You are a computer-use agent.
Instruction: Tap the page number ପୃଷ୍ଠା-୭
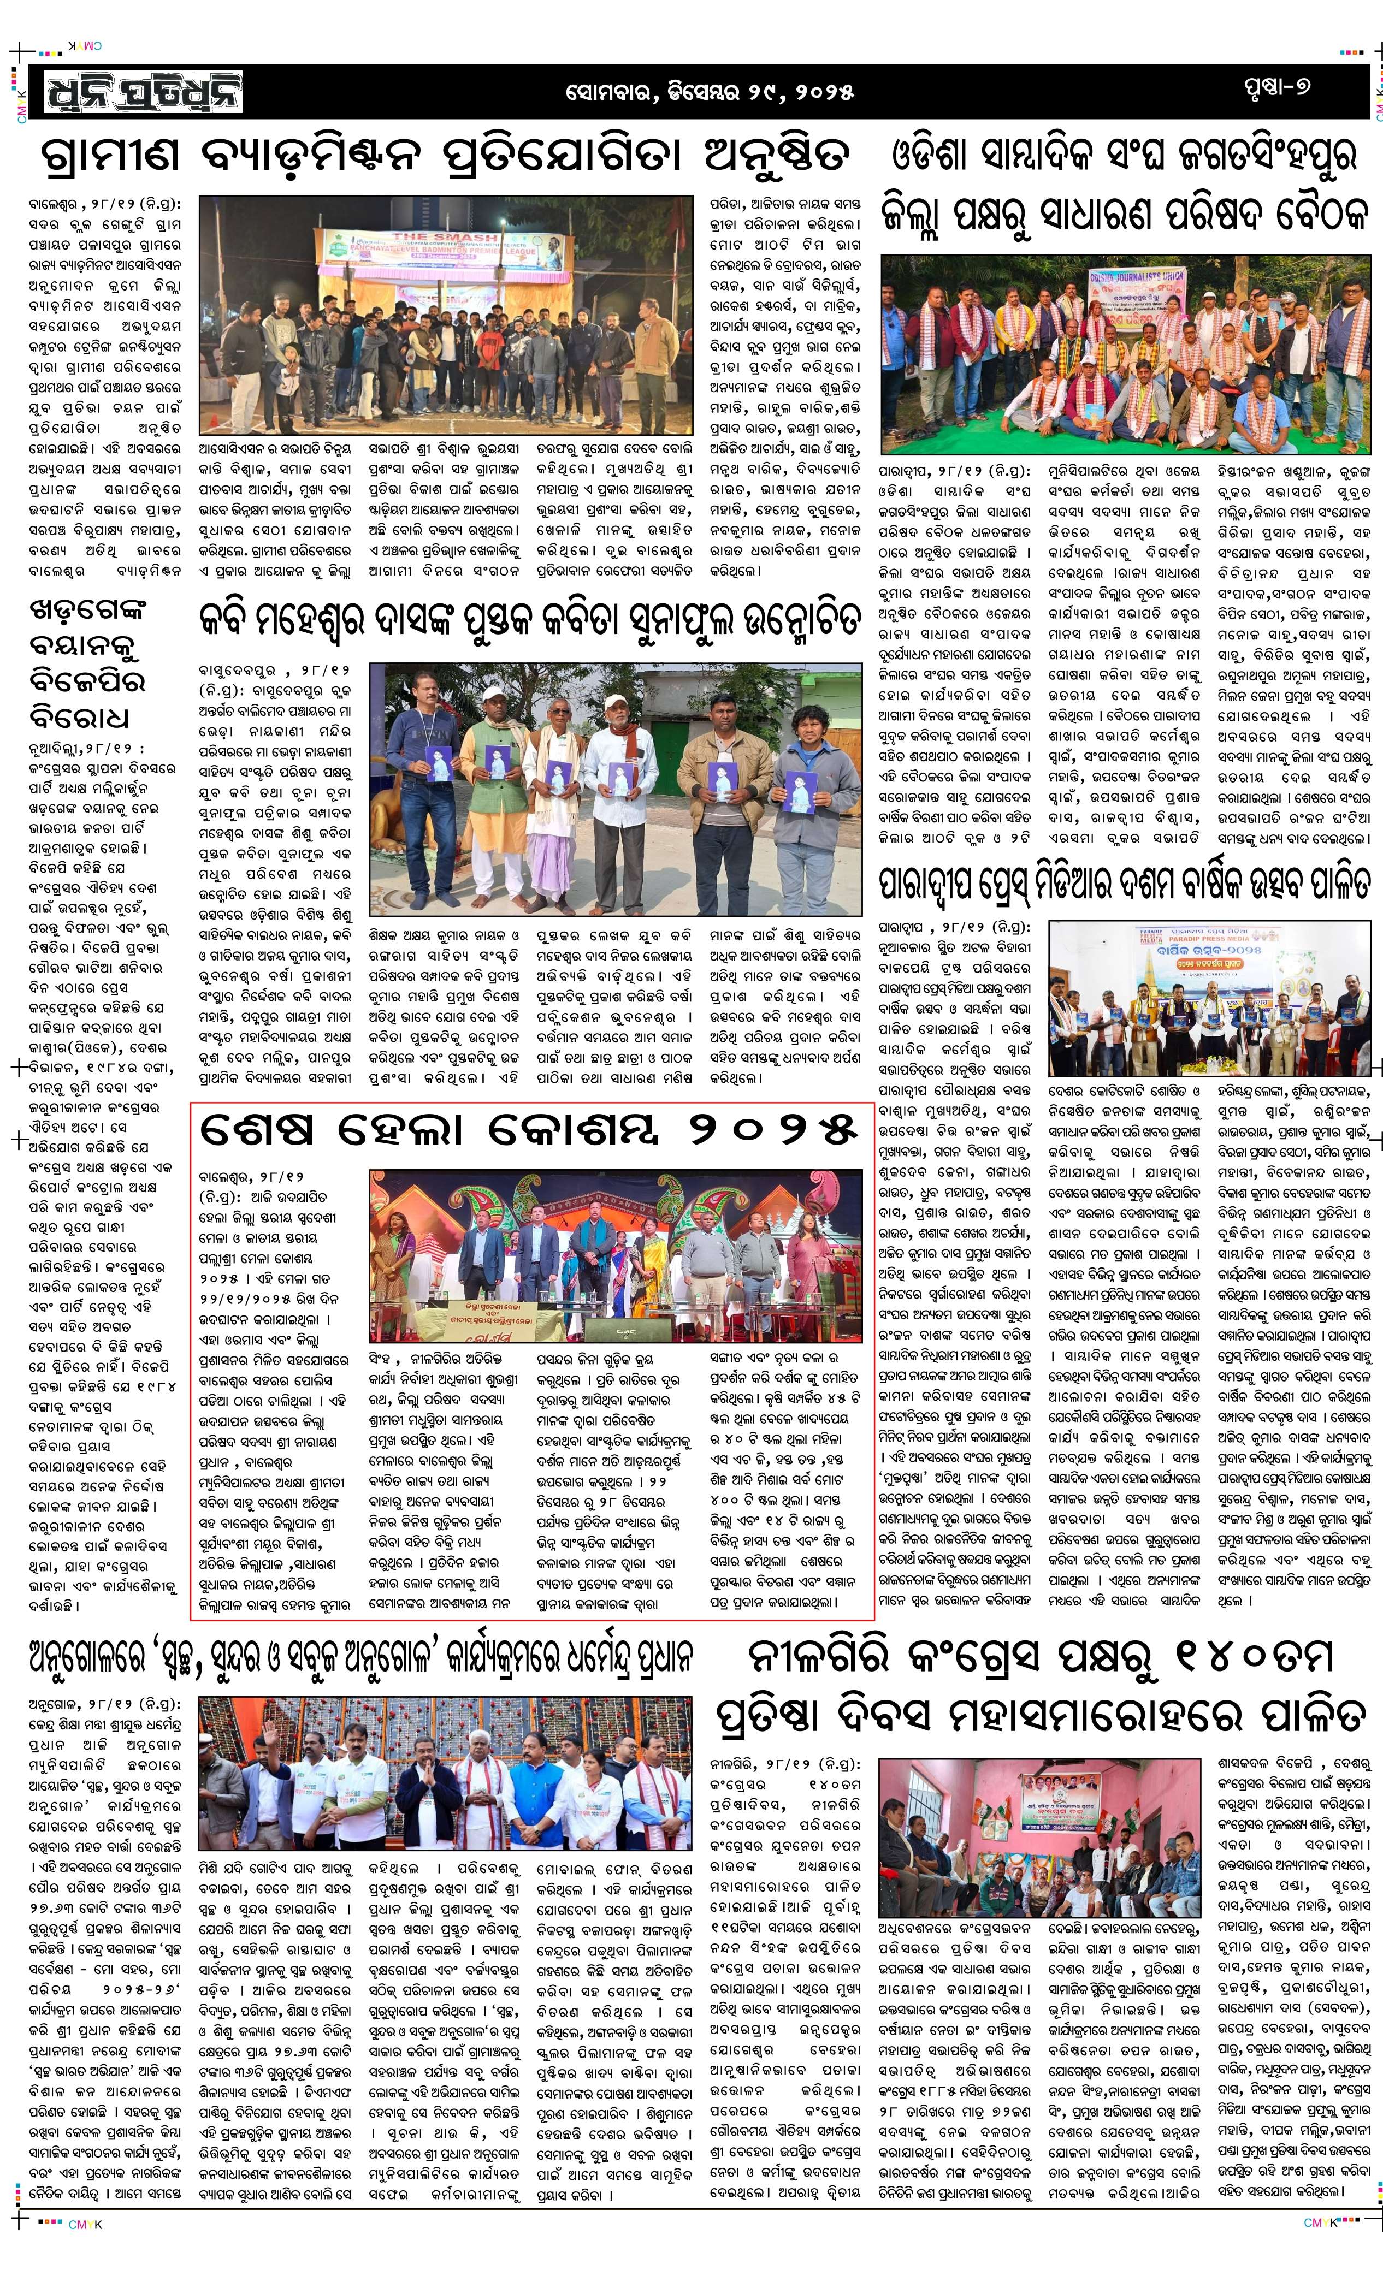click(1275, 87)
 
